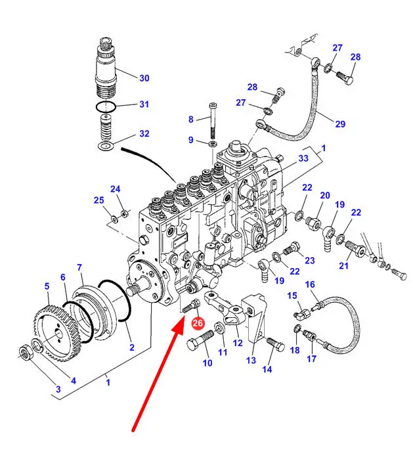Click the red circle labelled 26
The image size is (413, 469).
198,323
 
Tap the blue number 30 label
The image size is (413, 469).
144,78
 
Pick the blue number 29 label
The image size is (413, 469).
339,123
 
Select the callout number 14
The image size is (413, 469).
267,369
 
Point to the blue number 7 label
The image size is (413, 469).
79,267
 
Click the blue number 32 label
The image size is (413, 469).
144,134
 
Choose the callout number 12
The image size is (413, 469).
238,343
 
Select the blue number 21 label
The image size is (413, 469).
344,265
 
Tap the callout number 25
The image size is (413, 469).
98,200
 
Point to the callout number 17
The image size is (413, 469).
311,359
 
